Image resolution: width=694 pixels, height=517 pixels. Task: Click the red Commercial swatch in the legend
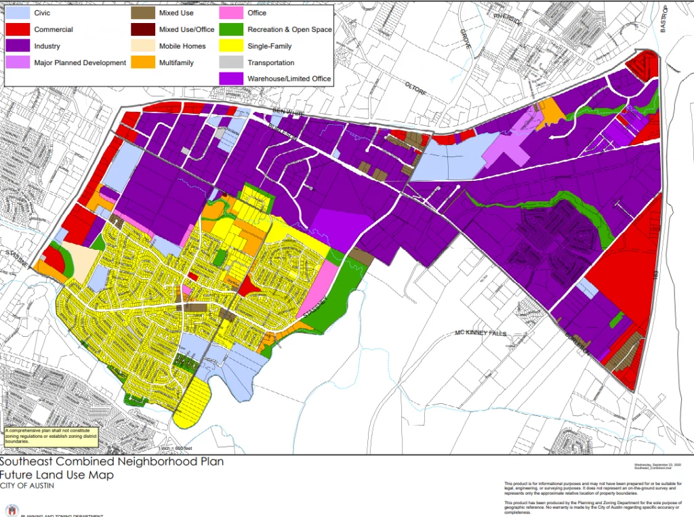click(x=18, y=30)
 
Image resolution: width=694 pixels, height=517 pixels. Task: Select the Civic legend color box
click(x=18, y=13)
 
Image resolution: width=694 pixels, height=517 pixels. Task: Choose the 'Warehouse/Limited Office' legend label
click(x=289, y=79)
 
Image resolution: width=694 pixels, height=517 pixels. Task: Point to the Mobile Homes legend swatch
click(x=143, y=46)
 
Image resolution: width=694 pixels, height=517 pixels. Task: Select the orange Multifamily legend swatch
click(x=143, y=63)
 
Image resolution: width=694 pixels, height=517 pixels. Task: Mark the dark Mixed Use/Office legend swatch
click(x=143, y=30)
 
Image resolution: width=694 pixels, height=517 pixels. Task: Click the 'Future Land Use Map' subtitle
click(x=57, y=475)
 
